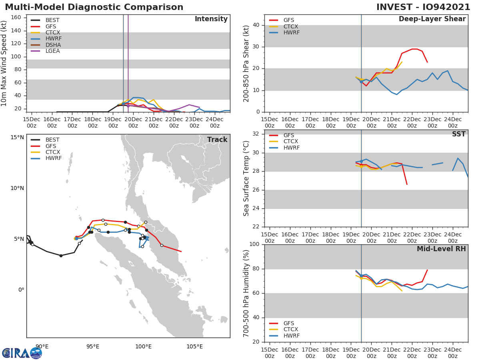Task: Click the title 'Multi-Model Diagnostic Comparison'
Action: coord(94,7)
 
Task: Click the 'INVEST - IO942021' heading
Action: coord(423,7)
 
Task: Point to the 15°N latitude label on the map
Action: coord(17,137)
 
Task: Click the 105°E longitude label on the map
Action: coord(194,346)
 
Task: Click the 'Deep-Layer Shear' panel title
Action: coord(432,19)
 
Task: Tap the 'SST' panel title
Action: coord(458,134)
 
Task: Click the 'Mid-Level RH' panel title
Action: coord(441,249)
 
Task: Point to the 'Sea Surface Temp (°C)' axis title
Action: coord(246,178)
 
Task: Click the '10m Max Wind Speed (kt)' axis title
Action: coord(4,63)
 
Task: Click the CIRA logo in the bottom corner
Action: coord(22,353)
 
